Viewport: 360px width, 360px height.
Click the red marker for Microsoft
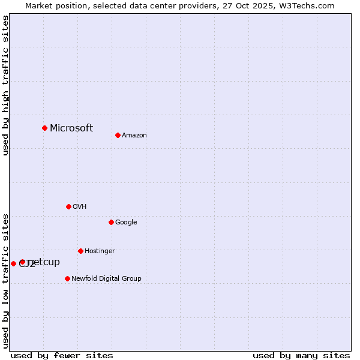click(x=44, y=128)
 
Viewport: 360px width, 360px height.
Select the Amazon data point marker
click(x=118, y=135)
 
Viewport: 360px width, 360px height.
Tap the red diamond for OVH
click(x=68, y=206)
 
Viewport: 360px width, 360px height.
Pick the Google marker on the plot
click(x=111, y=222)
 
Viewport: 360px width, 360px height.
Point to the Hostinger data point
click(x=80, y=251)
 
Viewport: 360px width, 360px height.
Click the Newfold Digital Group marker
click(x=67, y=278)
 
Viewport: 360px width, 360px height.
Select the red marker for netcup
click(x=22, y=262)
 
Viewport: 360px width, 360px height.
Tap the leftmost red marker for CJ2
click(x=13, y=263)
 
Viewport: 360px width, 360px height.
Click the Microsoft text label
click(x=71, y=128)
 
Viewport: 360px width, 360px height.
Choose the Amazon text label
click(x=134, y=136)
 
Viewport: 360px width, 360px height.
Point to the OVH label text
click(x=80, y=207)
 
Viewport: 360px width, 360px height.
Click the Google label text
click(x=126, y=223)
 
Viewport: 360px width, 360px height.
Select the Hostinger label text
click(x=100, y=251)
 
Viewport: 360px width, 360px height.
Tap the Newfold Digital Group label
click(x=106, y=279)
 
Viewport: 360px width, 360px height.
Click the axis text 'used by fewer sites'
click(x=62, y=355)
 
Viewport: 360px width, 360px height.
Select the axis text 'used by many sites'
click(x=301, y=355)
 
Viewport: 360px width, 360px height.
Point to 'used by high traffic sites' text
click(x=5, y=85)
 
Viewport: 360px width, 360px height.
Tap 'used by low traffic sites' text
click(x=5, y=281)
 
